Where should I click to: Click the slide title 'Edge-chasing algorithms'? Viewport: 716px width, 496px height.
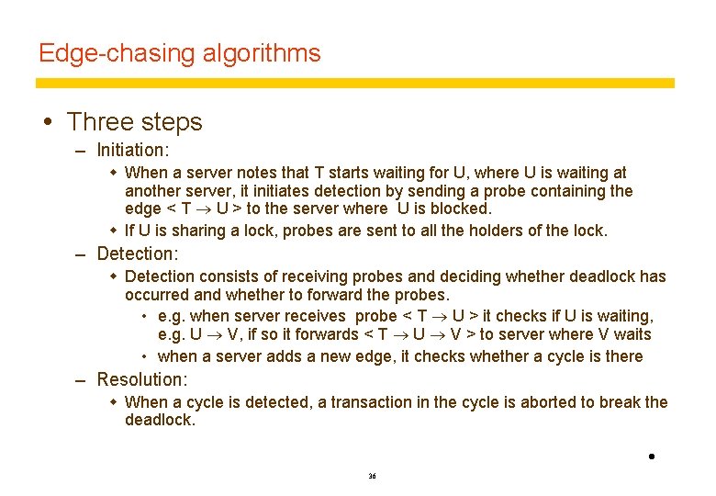pyautogui.click(x=180, y=53)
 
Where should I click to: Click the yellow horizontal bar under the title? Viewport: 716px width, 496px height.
pyautogui.click(x=354, y=83)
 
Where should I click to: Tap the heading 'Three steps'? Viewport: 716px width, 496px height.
pyautogui.click(x=135, y=121)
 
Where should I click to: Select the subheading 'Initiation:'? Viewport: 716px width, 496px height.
pyautogui.click(x=133, y=149)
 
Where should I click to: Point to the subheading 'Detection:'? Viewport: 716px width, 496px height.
pyautogui.click(x=137, y=253)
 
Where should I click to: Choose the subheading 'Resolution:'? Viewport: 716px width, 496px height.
pyautogui.click(x=141, y=379)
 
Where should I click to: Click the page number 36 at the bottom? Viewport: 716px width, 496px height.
pyautogui.click(x=372, y=477)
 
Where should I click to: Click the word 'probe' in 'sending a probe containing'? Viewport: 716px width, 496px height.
pyautogui.click(x=495, y=191)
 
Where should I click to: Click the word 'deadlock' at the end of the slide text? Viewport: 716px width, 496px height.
pyautogui.click(x=161, y=420)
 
